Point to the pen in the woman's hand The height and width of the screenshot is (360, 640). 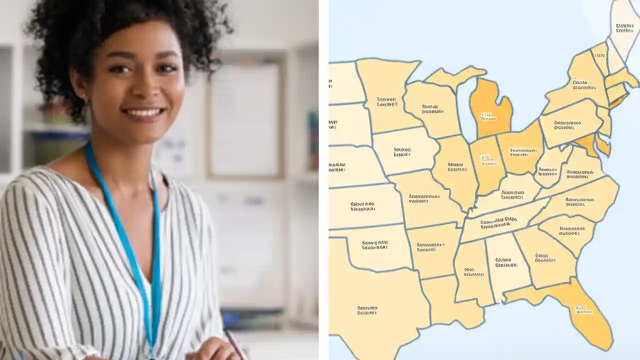[x=234, y=343]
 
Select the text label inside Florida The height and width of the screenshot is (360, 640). [x=583, y=310]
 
